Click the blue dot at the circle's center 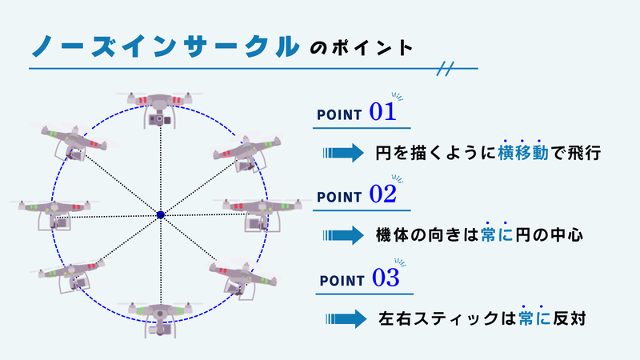[160, 214]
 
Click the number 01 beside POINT [383, 112]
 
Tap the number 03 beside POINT [385, 278]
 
